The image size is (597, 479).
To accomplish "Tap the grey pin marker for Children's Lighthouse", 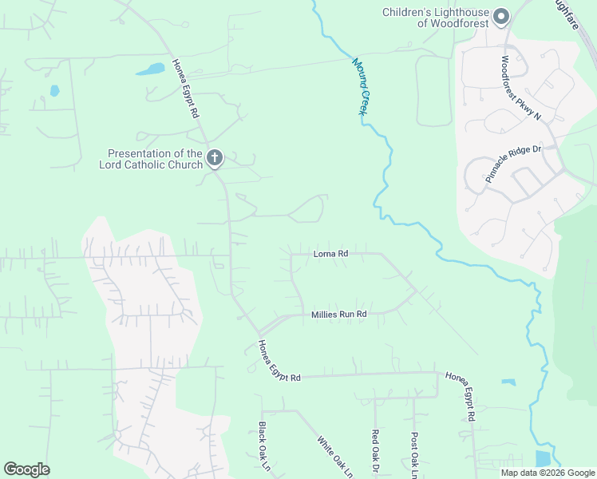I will pyautogui.click(x=501, y=16).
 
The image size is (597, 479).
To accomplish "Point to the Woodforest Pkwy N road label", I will pyautogui.click(x=521, y=88).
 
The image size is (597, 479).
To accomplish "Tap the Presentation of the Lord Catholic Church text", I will pyautogui.click(x=150, y=159).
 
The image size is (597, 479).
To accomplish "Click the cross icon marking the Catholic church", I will pyautogui.click(x=215, y=158).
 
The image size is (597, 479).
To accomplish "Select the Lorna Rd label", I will pyautogui.click(x=330, y=254).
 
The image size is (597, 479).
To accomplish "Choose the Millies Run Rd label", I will pyautogui.click(x=338, y=315).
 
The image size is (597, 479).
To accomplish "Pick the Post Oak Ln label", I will pyautogui.click(x=414, y=452).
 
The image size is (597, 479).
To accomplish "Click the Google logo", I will pyautogui.click(x=26, y=469).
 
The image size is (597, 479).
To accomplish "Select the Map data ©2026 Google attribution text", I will pyautogui.click(x=548, y=473).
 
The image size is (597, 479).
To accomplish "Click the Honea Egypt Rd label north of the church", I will pyautogui.click(x=184, y=89).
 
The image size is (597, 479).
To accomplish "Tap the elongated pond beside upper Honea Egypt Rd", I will pyautogui.click(x=150, y=69).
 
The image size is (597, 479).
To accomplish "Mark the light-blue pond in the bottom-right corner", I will pyautogui.click(x=543, y=458).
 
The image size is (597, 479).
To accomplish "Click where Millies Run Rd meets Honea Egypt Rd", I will pyautogui.click(x=259, y=333).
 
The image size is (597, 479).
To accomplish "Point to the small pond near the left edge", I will pyautogui.click(x=54, y=91).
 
